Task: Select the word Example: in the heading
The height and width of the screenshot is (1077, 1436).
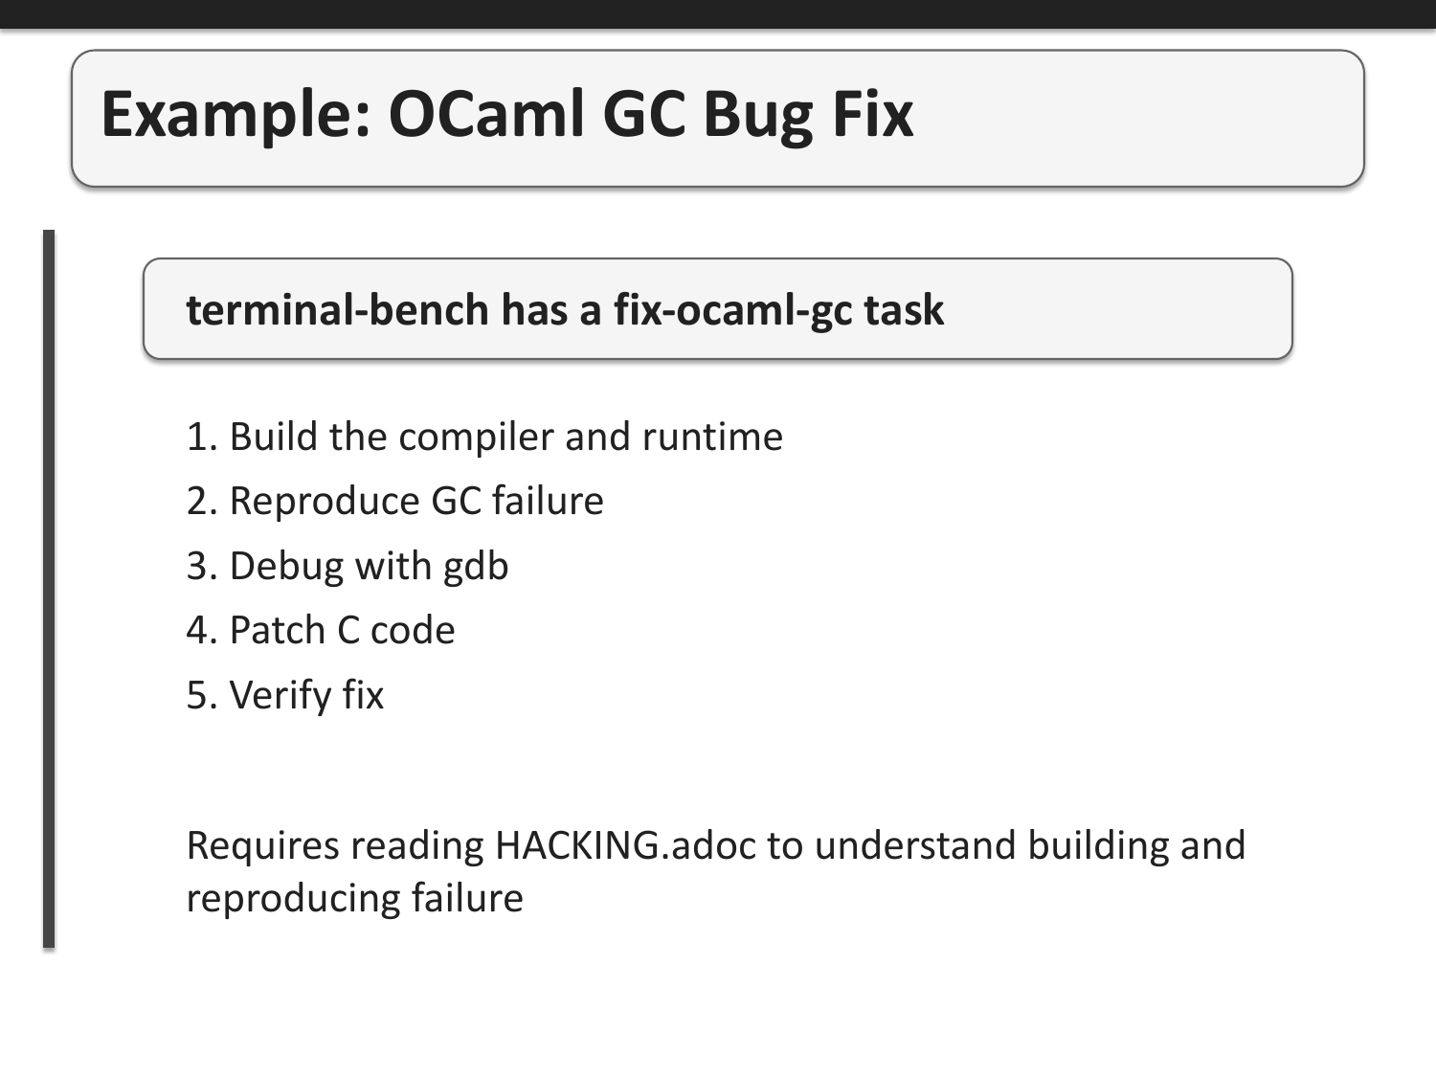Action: pyautogui.click(x=236, y=115)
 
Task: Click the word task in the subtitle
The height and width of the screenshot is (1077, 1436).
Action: pyautogui.click(x=904, y=310)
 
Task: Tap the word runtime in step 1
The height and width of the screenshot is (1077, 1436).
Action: pyautogui.click(x=712, y=438)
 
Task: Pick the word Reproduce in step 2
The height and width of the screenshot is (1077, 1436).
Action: pyautogui.click(x=325, y=502)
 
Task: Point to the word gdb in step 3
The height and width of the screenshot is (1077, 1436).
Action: pyautogui.click(x=476, y=567)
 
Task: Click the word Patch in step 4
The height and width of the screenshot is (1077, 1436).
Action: pyautogui.click(x=277, y=631)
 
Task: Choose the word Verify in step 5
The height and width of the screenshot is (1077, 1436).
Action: pyautogui.click(x=280, y=695)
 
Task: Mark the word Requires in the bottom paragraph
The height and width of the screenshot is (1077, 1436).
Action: pyautogui.click(x=262, y=846)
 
